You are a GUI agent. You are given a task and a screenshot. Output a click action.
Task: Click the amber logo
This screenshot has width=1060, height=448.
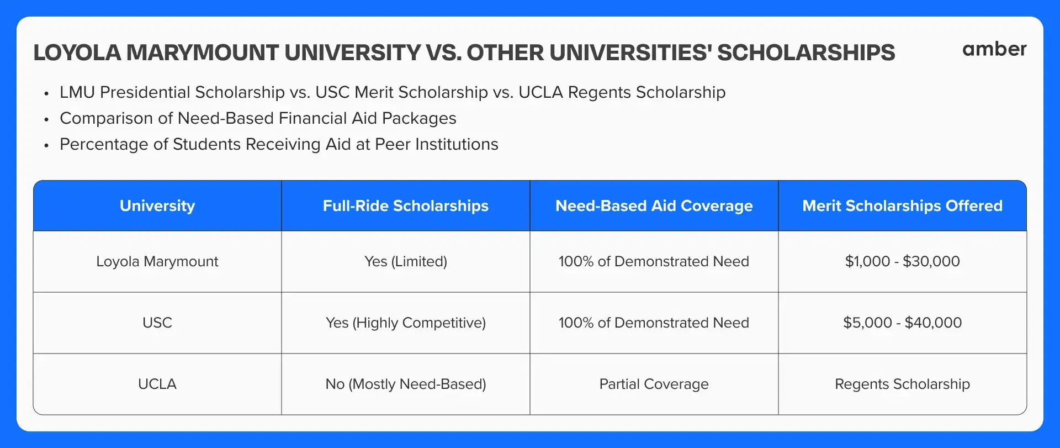[x=994, y=49]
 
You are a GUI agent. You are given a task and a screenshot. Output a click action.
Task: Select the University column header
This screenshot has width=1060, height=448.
[x=157, y=205]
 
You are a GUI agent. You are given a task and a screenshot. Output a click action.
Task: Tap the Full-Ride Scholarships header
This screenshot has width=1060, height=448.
[x=406, y=205]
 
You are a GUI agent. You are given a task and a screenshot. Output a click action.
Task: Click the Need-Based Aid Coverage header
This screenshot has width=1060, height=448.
[x=654, y=205]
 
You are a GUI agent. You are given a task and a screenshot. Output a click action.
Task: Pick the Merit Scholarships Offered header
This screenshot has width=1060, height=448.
[x=903, y=205]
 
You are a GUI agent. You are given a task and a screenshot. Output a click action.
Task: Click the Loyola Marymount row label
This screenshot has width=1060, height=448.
[x=157, y=261]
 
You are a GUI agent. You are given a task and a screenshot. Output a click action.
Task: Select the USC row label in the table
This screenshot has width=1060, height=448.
[x=157, y=323]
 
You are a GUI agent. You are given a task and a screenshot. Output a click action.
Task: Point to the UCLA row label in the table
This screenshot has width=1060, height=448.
[x=157, y=384]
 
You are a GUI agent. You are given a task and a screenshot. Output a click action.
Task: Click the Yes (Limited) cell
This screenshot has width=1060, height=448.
[x=406, y=261]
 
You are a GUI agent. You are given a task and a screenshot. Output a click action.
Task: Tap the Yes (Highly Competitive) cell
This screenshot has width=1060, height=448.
[x=406, y=323]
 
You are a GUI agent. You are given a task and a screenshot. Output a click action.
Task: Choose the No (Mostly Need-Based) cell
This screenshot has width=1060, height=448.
[x=406, y=384]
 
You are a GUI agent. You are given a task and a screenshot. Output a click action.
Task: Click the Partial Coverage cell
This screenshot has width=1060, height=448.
[x=654, y=384]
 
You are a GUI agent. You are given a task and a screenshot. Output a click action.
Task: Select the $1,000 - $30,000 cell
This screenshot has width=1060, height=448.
[x=903, y=261]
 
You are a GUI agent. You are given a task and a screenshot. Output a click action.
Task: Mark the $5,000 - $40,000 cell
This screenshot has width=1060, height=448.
[x=903, y=323]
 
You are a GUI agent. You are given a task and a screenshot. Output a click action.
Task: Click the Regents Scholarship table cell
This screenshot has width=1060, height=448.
[x=903, y=384]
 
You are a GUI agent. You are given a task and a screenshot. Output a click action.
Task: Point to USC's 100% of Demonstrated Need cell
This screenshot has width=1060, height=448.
[x=654, y=323]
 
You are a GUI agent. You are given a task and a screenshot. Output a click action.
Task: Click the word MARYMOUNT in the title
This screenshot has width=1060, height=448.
[x=203, y=53]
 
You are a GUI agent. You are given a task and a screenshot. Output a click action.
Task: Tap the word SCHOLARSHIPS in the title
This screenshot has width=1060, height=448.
[x=806, y=53]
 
